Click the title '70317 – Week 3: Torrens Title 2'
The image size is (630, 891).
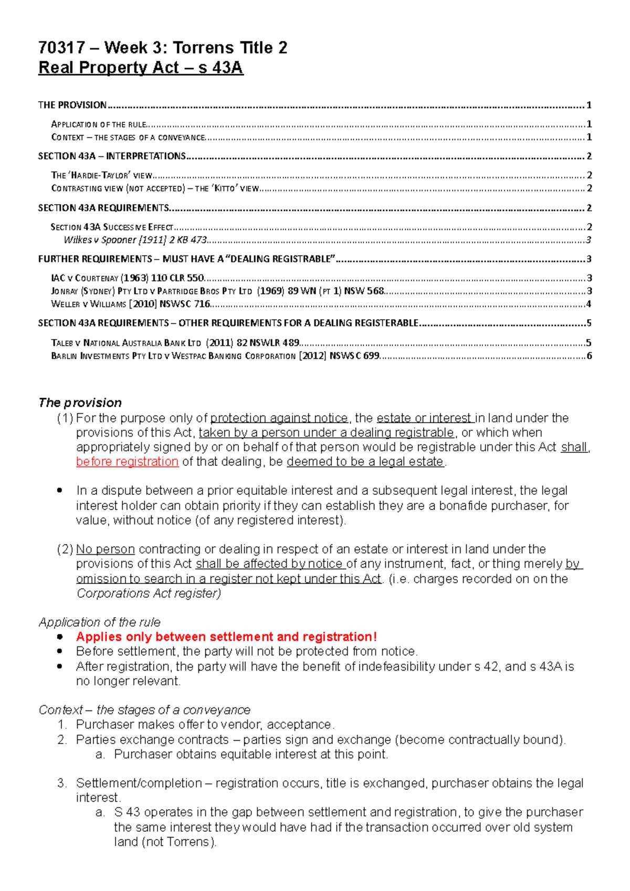tap(163, 48)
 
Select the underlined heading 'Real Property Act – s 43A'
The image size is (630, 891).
tap(141, 68)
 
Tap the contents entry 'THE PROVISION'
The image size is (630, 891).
tap(72, 105)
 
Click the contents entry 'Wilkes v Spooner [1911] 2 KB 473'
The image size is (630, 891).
tap(135, 240)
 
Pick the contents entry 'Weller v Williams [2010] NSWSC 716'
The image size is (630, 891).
tap(131, 304)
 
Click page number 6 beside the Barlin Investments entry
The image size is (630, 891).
tap(589, 356)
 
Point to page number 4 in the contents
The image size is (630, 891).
tap(589, 304)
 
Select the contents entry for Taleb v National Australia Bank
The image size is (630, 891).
tap(175, 343)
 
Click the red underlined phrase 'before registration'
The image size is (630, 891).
tap(127, 462)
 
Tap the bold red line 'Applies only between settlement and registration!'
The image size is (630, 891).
tap(226, 637)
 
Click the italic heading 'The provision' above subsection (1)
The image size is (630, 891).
tap(80, 402)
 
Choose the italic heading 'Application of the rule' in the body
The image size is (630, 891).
tap(100, 622)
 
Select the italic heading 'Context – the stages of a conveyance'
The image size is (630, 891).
tap(144, 709)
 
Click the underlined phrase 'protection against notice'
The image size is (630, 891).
tap(279, 418)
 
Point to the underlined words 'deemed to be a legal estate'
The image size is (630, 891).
tap(365, 462)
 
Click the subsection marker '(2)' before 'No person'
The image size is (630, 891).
tap(65, 549)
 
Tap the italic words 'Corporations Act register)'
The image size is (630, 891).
tap(149, 593)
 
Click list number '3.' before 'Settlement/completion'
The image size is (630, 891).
tap(62, 783)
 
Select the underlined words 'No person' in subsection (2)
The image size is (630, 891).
tap(106, 549)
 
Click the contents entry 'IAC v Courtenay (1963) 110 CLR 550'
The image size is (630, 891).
tap(128, 278)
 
